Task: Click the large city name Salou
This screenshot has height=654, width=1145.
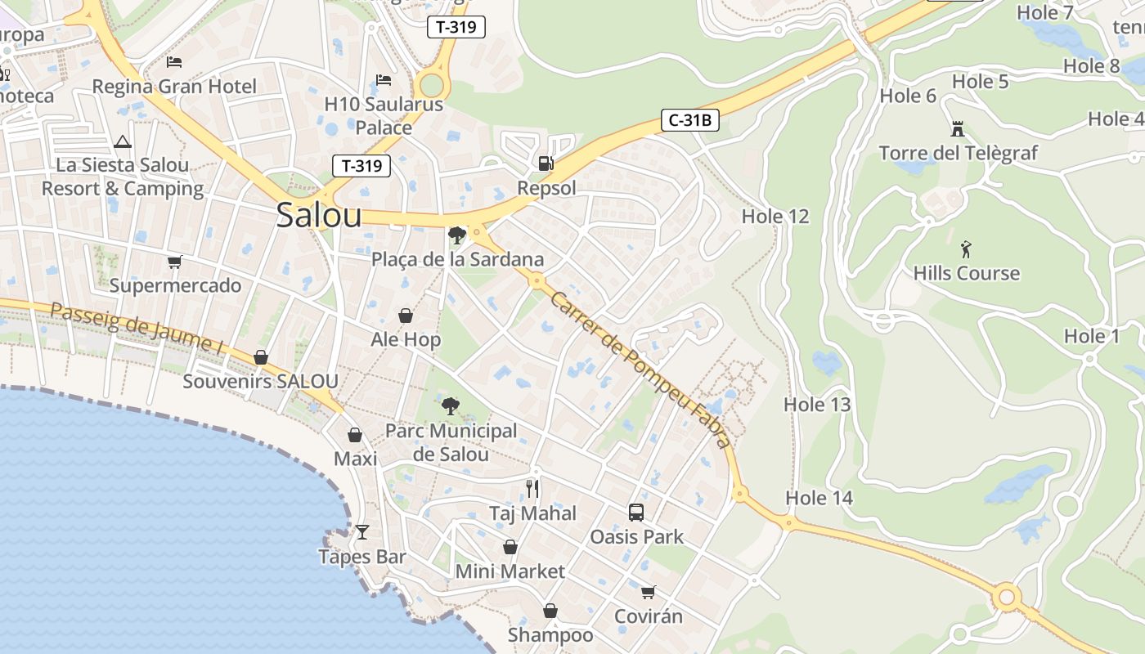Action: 318,215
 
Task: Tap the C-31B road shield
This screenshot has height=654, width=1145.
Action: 689,121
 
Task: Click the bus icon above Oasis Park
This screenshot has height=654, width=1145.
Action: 636,513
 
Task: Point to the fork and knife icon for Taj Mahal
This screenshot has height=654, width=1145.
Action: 532,488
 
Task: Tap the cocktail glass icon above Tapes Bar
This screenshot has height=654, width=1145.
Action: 362,532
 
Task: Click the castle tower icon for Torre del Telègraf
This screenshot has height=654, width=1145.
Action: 958,128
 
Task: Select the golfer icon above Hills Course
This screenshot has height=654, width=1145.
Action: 966,249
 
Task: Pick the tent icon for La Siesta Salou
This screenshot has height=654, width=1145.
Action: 123,141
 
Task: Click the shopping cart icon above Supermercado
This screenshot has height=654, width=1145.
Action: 174,262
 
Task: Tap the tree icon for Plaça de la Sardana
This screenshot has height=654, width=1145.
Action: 457,235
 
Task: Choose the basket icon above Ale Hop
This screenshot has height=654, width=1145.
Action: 406,316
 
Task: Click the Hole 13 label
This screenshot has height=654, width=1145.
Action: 817,405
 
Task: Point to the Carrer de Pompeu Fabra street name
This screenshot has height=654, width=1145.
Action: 640,369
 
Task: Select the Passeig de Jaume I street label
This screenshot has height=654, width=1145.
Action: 137,329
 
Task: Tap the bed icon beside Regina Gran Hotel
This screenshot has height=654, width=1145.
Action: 174,61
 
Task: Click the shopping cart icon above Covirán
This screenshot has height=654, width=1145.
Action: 648,592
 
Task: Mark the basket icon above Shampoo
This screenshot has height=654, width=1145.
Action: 550,611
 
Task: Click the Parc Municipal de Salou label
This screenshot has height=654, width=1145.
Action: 451,442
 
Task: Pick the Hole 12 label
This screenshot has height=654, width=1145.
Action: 775,217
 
